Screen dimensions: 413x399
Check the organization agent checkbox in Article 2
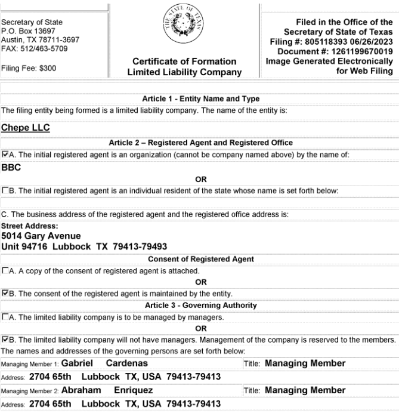point(5,155)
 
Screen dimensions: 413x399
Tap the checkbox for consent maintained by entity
point(5,293)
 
